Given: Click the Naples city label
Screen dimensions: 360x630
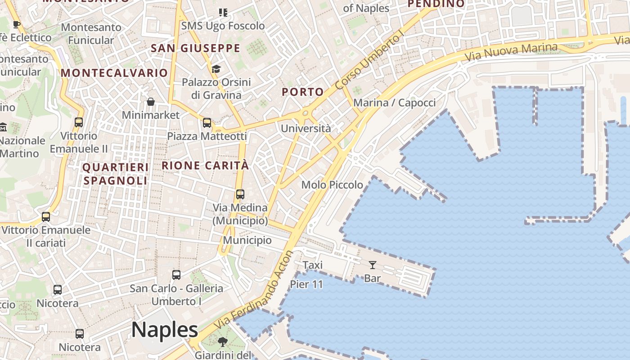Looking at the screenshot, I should pos(165,330).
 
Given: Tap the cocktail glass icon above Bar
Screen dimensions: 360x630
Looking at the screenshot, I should pos(373,265).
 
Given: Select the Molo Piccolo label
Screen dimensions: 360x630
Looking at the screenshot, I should pos(332,184).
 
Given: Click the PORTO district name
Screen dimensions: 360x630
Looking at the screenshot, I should pos(302,92).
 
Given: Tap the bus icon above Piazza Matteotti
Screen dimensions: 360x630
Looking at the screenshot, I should pos(207,122).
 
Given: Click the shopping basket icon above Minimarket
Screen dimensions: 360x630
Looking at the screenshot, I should pos(151,102).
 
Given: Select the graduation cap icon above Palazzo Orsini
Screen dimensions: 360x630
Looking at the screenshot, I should pos(216,69).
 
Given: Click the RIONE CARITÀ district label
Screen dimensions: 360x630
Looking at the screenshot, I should pos(205,165).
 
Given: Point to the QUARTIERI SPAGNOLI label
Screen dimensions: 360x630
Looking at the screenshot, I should pos(115,174).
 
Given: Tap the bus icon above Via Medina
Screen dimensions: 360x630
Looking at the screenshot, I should pos(240,194).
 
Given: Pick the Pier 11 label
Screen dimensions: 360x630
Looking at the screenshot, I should pos(306,284).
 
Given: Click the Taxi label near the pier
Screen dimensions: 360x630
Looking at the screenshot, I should pos(312,265).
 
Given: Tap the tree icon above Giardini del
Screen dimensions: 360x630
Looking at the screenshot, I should pos(222,342).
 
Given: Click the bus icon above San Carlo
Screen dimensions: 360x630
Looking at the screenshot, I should pos(176,274).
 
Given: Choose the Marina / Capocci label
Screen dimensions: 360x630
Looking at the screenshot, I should pos(394,103).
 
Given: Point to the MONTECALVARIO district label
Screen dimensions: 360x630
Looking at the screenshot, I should pos(114,73).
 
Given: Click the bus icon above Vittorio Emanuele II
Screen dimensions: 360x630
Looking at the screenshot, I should pos(79,122).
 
